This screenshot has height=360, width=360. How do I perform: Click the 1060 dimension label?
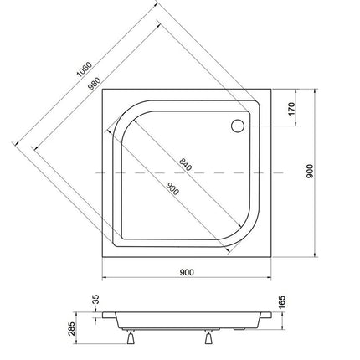(84, 69)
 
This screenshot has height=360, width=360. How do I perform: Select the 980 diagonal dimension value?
(94, 84)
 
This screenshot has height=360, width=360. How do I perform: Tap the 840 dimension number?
(186, 165)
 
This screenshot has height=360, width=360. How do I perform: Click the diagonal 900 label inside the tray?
(172, 188)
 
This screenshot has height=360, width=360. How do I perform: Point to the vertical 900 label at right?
(310, 172)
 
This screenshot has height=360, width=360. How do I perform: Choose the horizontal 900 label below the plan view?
(187, 272)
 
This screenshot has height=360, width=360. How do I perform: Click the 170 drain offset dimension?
(291, 109)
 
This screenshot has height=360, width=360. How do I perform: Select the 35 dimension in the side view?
(95, 299)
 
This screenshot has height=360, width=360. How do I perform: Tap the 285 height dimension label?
(71, 329)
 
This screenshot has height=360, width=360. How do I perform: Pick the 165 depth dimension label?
(282, 302)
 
